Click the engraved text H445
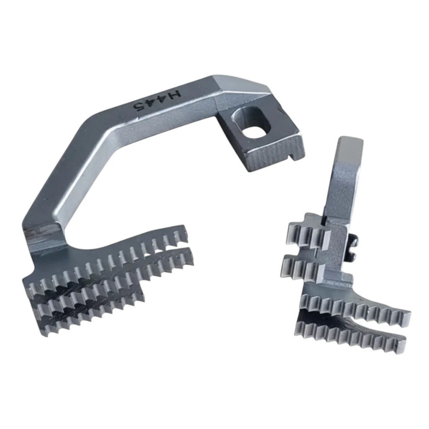click(158, 99)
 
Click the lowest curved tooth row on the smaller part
click(348, 335)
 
